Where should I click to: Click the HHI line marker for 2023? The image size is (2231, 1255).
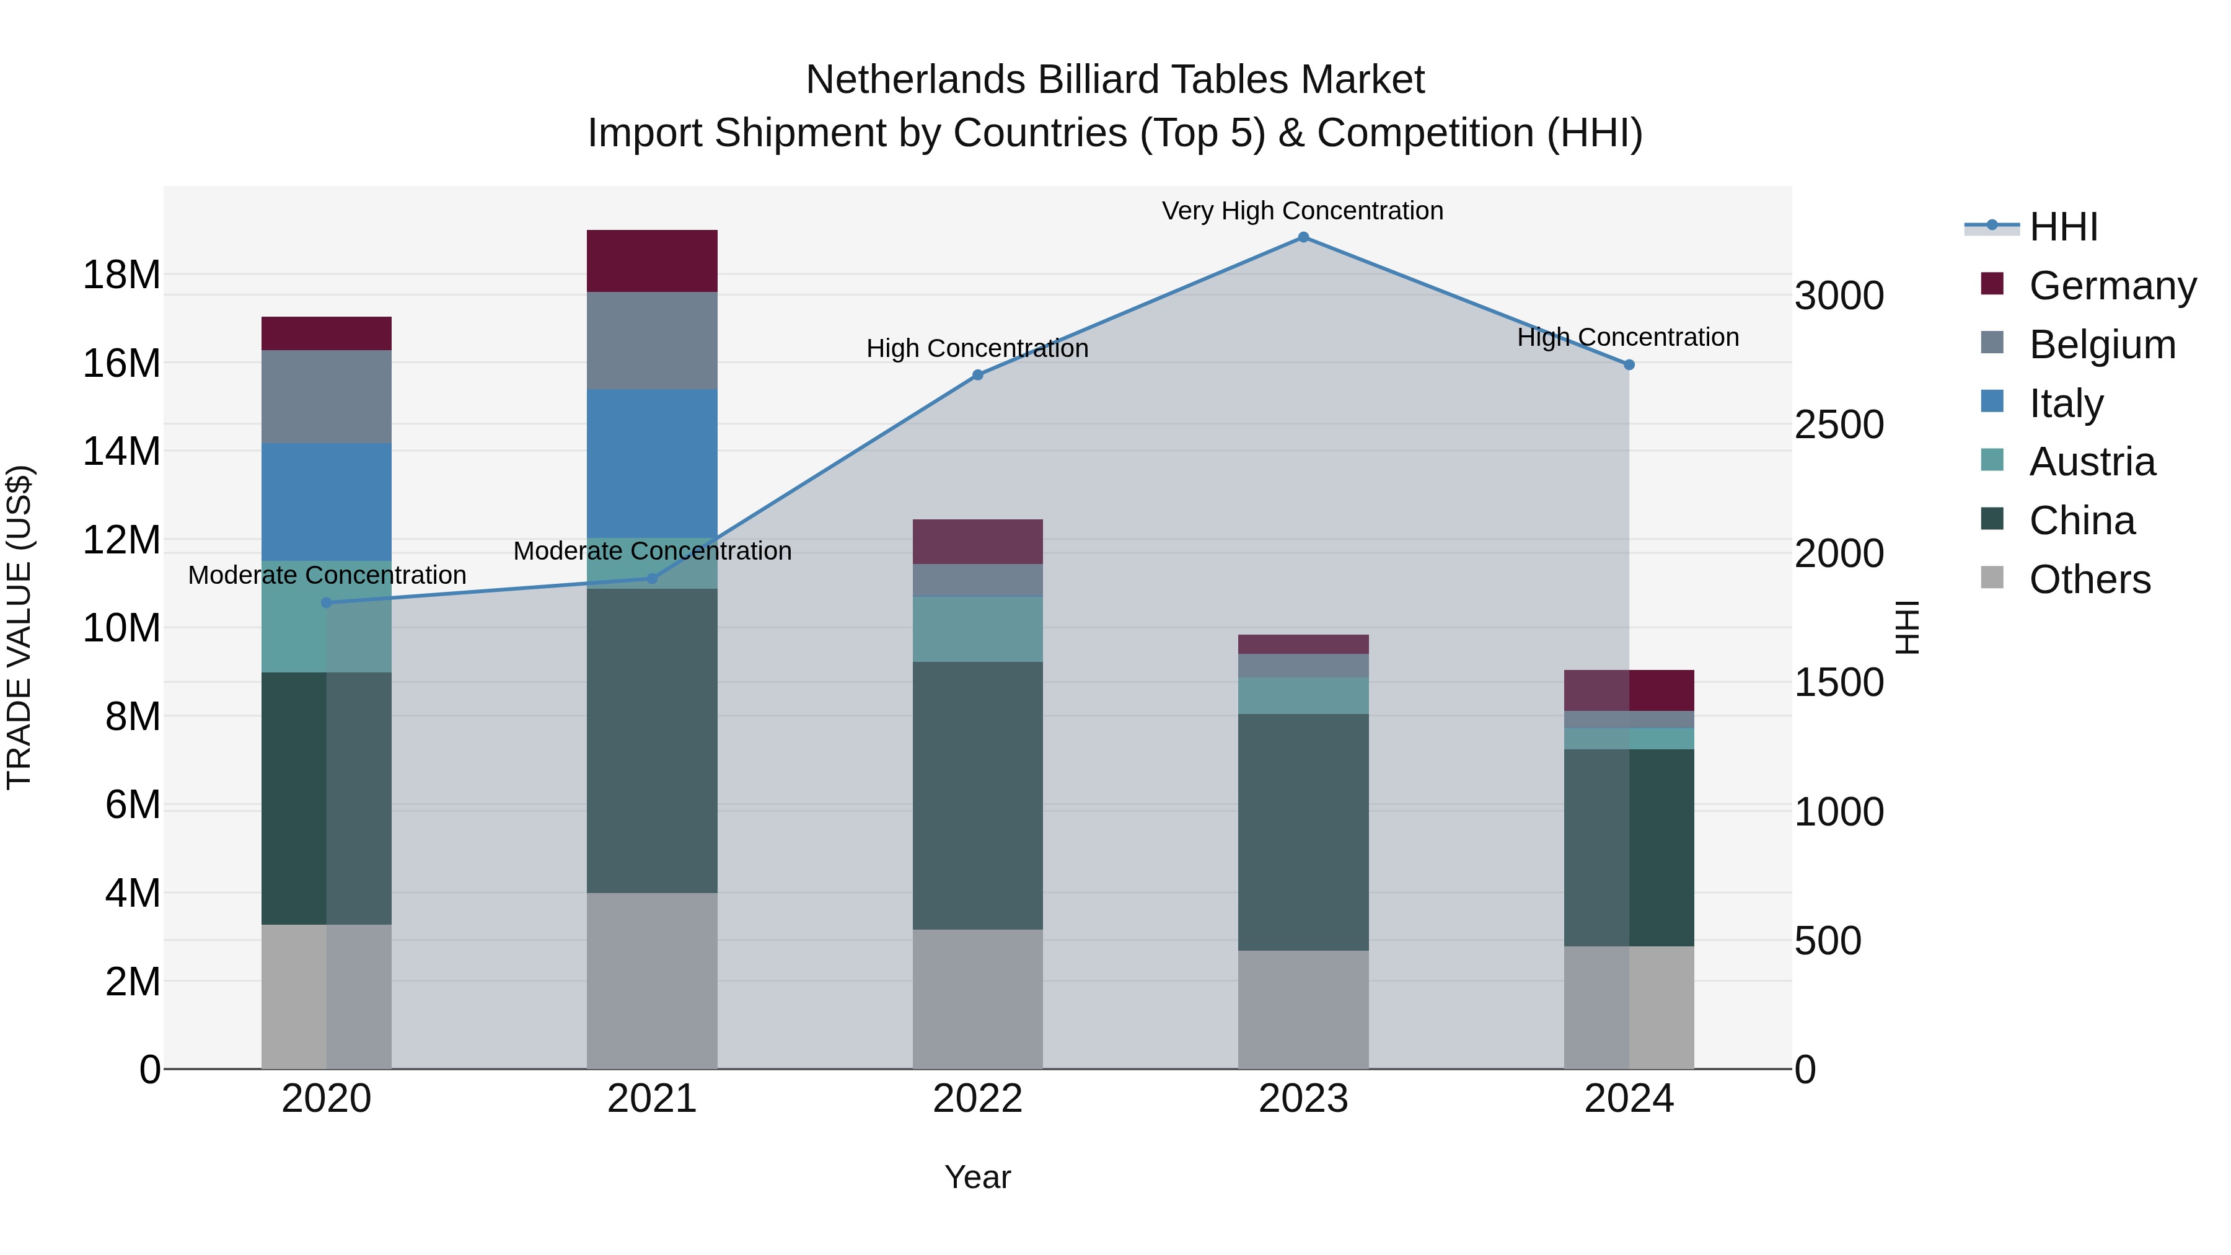(x=1303, y=237)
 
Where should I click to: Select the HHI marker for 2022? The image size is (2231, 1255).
(x=978, y=375)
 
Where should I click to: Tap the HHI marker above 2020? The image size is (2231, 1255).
(x=327, y=603)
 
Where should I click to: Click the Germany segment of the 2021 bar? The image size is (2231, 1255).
(x=652, y=261)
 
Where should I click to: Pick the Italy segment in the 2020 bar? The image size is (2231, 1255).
(x=327, y=503)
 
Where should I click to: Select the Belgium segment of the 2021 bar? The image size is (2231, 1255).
(x=652, y=340)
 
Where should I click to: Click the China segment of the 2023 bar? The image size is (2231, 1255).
(x=1303, y=832)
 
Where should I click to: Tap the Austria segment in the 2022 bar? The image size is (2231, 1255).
(x=978, y=630)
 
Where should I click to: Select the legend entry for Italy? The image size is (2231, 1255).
(x=2066, y=403)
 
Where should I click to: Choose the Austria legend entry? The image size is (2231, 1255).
(x=2092, y=462)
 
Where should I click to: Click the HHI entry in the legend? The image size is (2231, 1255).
(x=2063, y=227)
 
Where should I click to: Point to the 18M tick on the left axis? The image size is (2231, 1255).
(x=121, y=275)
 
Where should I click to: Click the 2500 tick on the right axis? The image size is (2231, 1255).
(x=1839, y=425)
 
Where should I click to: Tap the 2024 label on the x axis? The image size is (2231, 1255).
(x=1628, y=1099)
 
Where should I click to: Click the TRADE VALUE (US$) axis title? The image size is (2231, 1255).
(x=19, y=627)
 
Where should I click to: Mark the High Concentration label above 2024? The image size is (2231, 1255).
(x=1627, y=337)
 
